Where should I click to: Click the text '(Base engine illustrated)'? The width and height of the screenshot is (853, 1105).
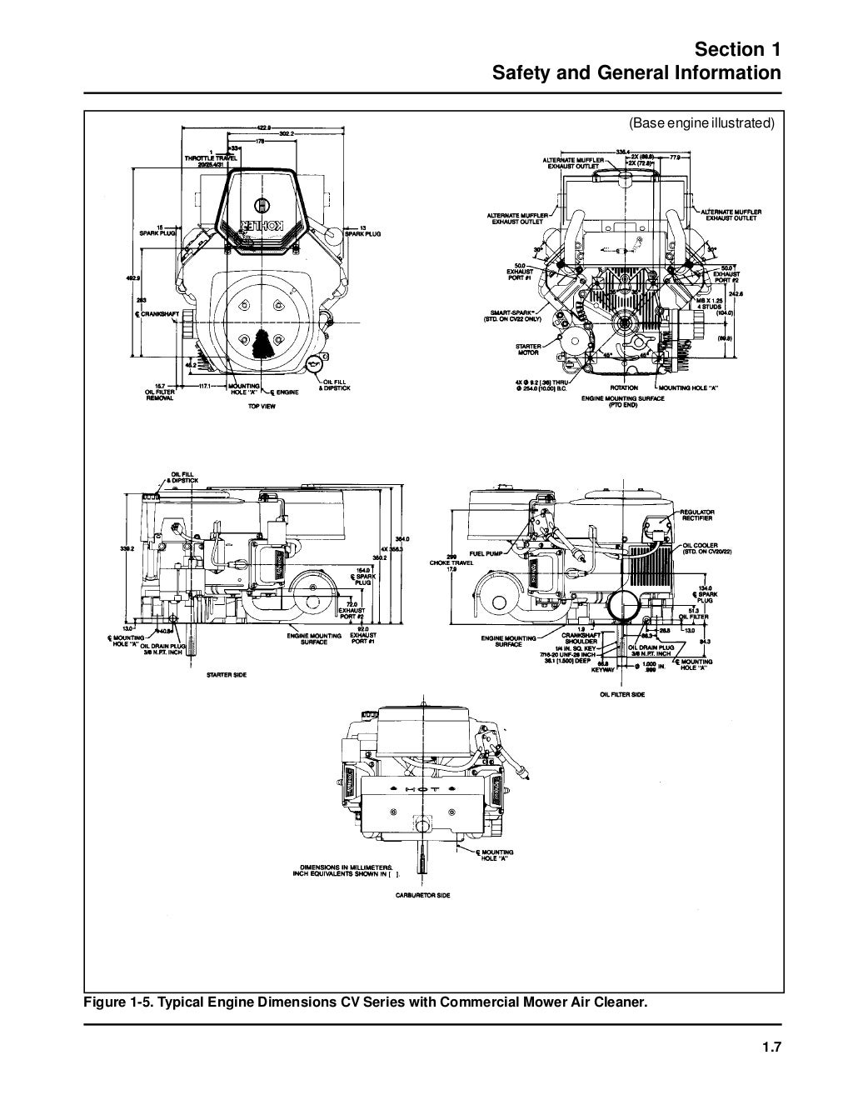[x=701, y=123]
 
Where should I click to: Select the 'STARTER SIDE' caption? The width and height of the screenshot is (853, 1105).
[x=227, y=674]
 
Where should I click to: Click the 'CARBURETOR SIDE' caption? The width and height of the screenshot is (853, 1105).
[x=422, y=895]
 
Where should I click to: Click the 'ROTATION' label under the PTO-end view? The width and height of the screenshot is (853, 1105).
[x=625, y=387]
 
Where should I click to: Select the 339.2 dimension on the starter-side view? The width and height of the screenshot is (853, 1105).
[x=127, y=549]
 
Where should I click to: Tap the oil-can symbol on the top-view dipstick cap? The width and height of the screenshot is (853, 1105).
[x=314, y=362]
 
